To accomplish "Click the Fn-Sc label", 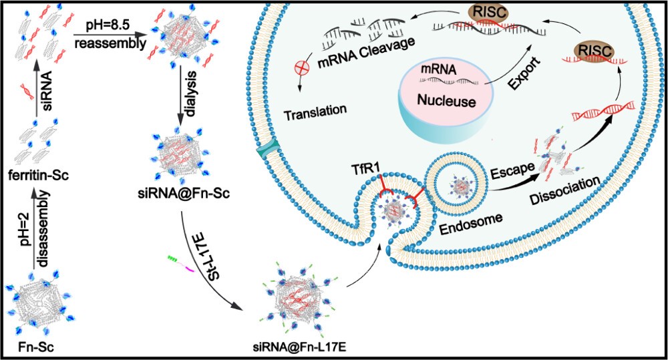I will [34, 347].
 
